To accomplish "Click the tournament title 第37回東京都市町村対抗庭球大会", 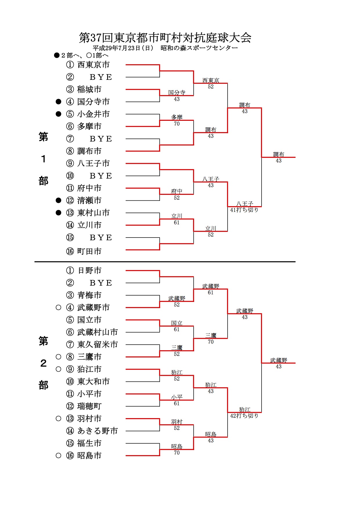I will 165,38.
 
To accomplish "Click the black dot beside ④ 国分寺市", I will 58,102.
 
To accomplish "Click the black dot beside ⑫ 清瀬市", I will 58,200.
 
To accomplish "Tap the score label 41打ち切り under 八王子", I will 244,210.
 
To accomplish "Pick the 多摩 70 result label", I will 177,120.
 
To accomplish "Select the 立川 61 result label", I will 177,219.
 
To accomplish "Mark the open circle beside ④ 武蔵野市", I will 58,307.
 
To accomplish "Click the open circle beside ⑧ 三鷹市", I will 58,357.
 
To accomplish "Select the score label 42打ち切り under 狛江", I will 244,416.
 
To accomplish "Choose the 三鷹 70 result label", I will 210,339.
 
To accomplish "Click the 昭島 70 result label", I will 177,450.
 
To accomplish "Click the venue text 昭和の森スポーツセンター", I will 199,48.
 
